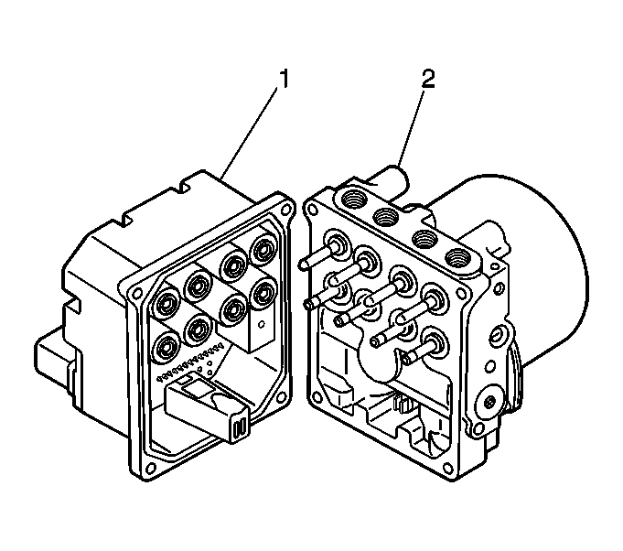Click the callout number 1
pyautogui.click(x=284, y=80)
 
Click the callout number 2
pyautogui.click(x=427, y=80)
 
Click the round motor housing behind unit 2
pyautogui.click(x=540, y=275)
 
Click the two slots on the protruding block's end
pyautogui.click(x=241, y=427)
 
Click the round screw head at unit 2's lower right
pyautogui.click(x=485, y=404)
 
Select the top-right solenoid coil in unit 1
pyautogui.click(x=264, y=249)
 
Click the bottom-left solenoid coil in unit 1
pyautogui.click(x=166, y=347)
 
